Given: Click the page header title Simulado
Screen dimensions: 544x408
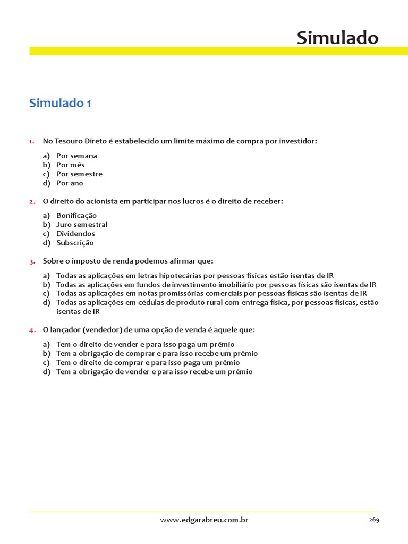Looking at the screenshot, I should (x=337, y=38).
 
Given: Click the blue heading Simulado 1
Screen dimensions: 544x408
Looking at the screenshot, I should (x=60, y=103).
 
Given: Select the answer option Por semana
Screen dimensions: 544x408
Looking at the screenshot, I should (x=76, y=156).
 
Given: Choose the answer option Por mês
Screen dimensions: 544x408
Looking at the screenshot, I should (x=70, y=165).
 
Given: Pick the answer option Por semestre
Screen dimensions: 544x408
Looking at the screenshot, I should (x=79, y=174).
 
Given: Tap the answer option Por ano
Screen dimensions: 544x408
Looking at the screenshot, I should (x=70, y=183).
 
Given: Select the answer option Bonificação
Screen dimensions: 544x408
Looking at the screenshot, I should (x=76, y=215).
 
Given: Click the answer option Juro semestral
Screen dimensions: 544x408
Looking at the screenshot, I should (x=82, y=224).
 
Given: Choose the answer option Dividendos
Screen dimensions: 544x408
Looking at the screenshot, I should (x=75, y=233).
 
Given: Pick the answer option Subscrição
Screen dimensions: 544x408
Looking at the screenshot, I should (x=75, y=242).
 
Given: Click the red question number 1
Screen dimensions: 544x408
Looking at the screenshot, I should (x=32, y=141).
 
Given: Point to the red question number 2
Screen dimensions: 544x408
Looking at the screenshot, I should (x=32, y=201).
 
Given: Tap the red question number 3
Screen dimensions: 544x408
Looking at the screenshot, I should (x=32, y=261).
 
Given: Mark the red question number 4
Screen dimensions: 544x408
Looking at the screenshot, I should (x=32, y=330).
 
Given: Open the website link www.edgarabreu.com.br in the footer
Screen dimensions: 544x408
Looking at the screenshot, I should (x=204, y=520).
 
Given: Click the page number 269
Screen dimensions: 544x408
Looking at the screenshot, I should (x=374, y=520).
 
